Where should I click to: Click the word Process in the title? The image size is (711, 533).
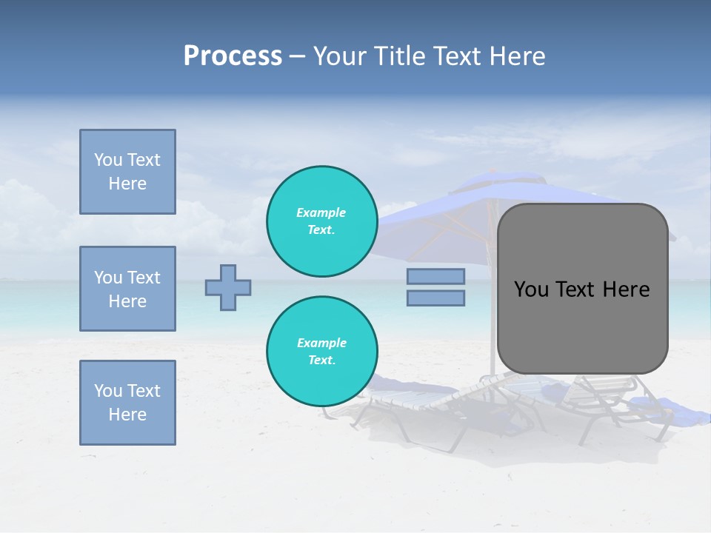pyautogui.click(x=233, y=56)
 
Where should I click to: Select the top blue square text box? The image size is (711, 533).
pyautogui.click(x=127, y=172)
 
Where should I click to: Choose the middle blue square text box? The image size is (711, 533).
pyautogui.click(x=127, y=289)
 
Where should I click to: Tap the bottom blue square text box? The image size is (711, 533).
pyautogui.click(x=127, y=403)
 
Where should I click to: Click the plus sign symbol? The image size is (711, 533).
pyautogui.click(x=228, y=287)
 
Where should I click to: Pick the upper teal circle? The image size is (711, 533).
pyautogui.click(x=321, y=221)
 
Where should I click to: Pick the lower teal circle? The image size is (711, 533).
pyautogui.click(x=321, y=352)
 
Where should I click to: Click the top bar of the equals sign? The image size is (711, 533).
pyautogui.click(x=435, y=276)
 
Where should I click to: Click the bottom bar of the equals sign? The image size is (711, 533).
pyautogui.click(x=435, y=298)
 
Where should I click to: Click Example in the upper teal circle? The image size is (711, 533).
pyautogui.click(x=321, y=212)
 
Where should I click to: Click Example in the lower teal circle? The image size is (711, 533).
pyautogui.click(x=321, y=343)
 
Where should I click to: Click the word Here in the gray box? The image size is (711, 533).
pyautogui.click(x=626, y=289)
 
